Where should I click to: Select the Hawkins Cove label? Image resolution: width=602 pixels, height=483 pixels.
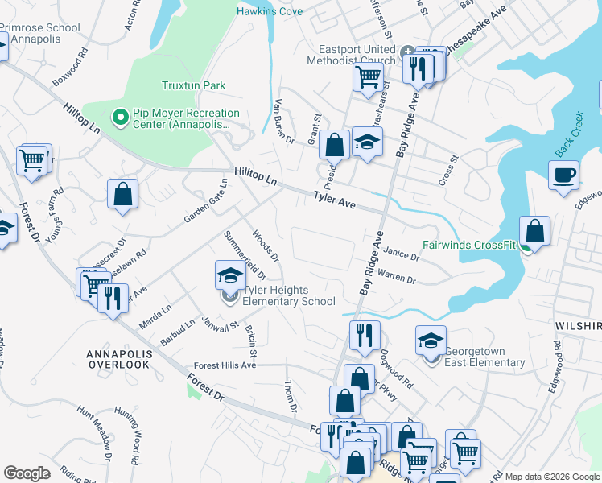(269, 10)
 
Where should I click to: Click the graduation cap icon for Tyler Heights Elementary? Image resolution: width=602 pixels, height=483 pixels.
(230, 275)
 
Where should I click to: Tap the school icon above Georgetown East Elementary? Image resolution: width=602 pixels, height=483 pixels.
(431, 340)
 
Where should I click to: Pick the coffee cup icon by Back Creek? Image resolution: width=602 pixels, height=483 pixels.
(563, 174)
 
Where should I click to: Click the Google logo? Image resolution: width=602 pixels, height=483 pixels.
(27, 473)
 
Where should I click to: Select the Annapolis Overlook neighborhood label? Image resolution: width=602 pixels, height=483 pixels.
(118, 358)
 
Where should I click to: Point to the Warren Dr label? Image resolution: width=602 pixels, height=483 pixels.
(396, 277)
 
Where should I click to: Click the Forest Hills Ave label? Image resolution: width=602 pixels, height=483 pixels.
(225, 365)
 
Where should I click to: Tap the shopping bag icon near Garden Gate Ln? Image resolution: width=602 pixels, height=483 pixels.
(122, 193)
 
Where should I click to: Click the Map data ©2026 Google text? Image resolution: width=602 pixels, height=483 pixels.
(552, 476)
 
